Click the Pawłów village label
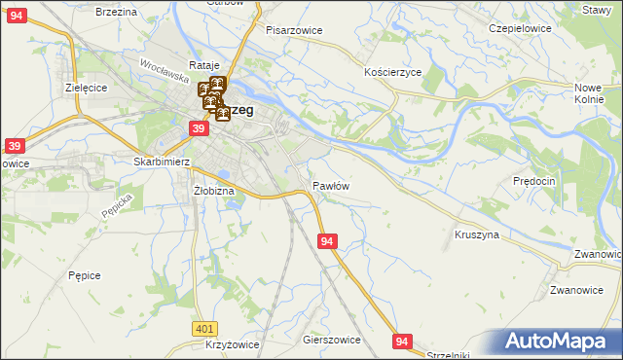[331, 185]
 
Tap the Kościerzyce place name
[391, 73]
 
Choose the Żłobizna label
[214, 191]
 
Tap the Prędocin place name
[533, 181]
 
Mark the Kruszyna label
[477, 234]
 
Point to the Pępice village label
[85, 275]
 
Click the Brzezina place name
[116, 11]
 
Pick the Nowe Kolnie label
[589, 93]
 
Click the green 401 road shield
[203, 330]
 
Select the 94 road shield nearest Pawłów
[328, 240]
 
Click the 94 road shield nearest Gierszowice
[403, 341]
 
